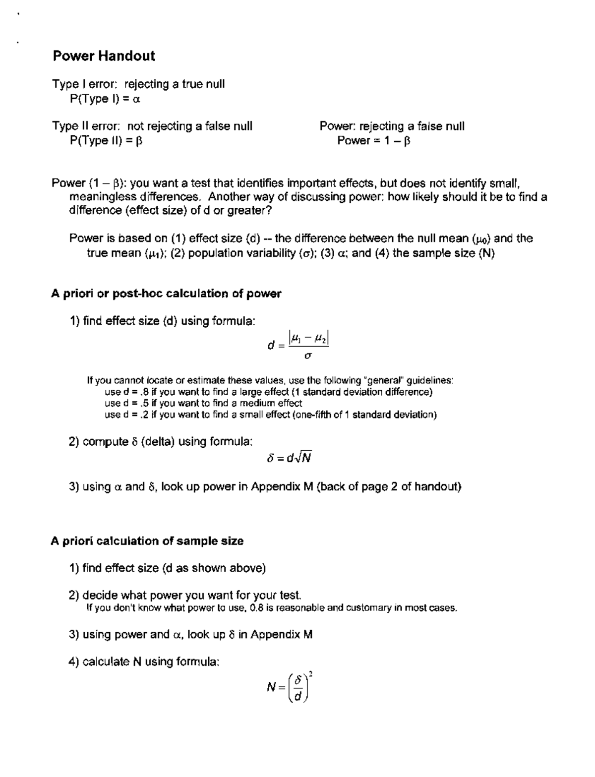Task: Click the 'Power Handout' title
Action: [x=104, y=56]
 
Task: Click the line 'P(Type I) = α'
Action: [x=105, y=99]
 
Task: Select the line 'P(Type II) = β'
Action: [x=106, y=140]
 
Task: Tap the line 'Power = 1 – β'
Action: [x=374, y=140]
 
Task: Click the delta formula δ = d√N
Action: [x=289, y=457]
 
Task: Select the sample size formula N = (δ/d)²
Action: [x=289, y=687]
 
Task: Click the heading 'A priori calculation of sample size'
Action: [x=147, y=541]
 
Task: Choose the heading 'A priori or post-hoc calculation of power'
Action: [x=166, y=294]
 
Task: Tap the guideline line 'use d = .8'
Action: [x=268, y=392]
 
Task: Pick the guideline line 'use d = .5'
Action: [x=203, y=403]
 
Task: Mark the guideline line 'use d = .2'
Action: [x=270, y=415]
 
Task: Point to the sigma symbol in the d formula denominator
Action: [x=308, y=356]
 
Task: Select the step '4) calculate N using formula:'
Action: [x=144, y=661]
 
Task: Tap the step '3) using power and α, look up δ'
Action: [x=190, y=634]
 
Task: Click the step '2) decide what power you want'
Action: [x=185, y=595]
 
